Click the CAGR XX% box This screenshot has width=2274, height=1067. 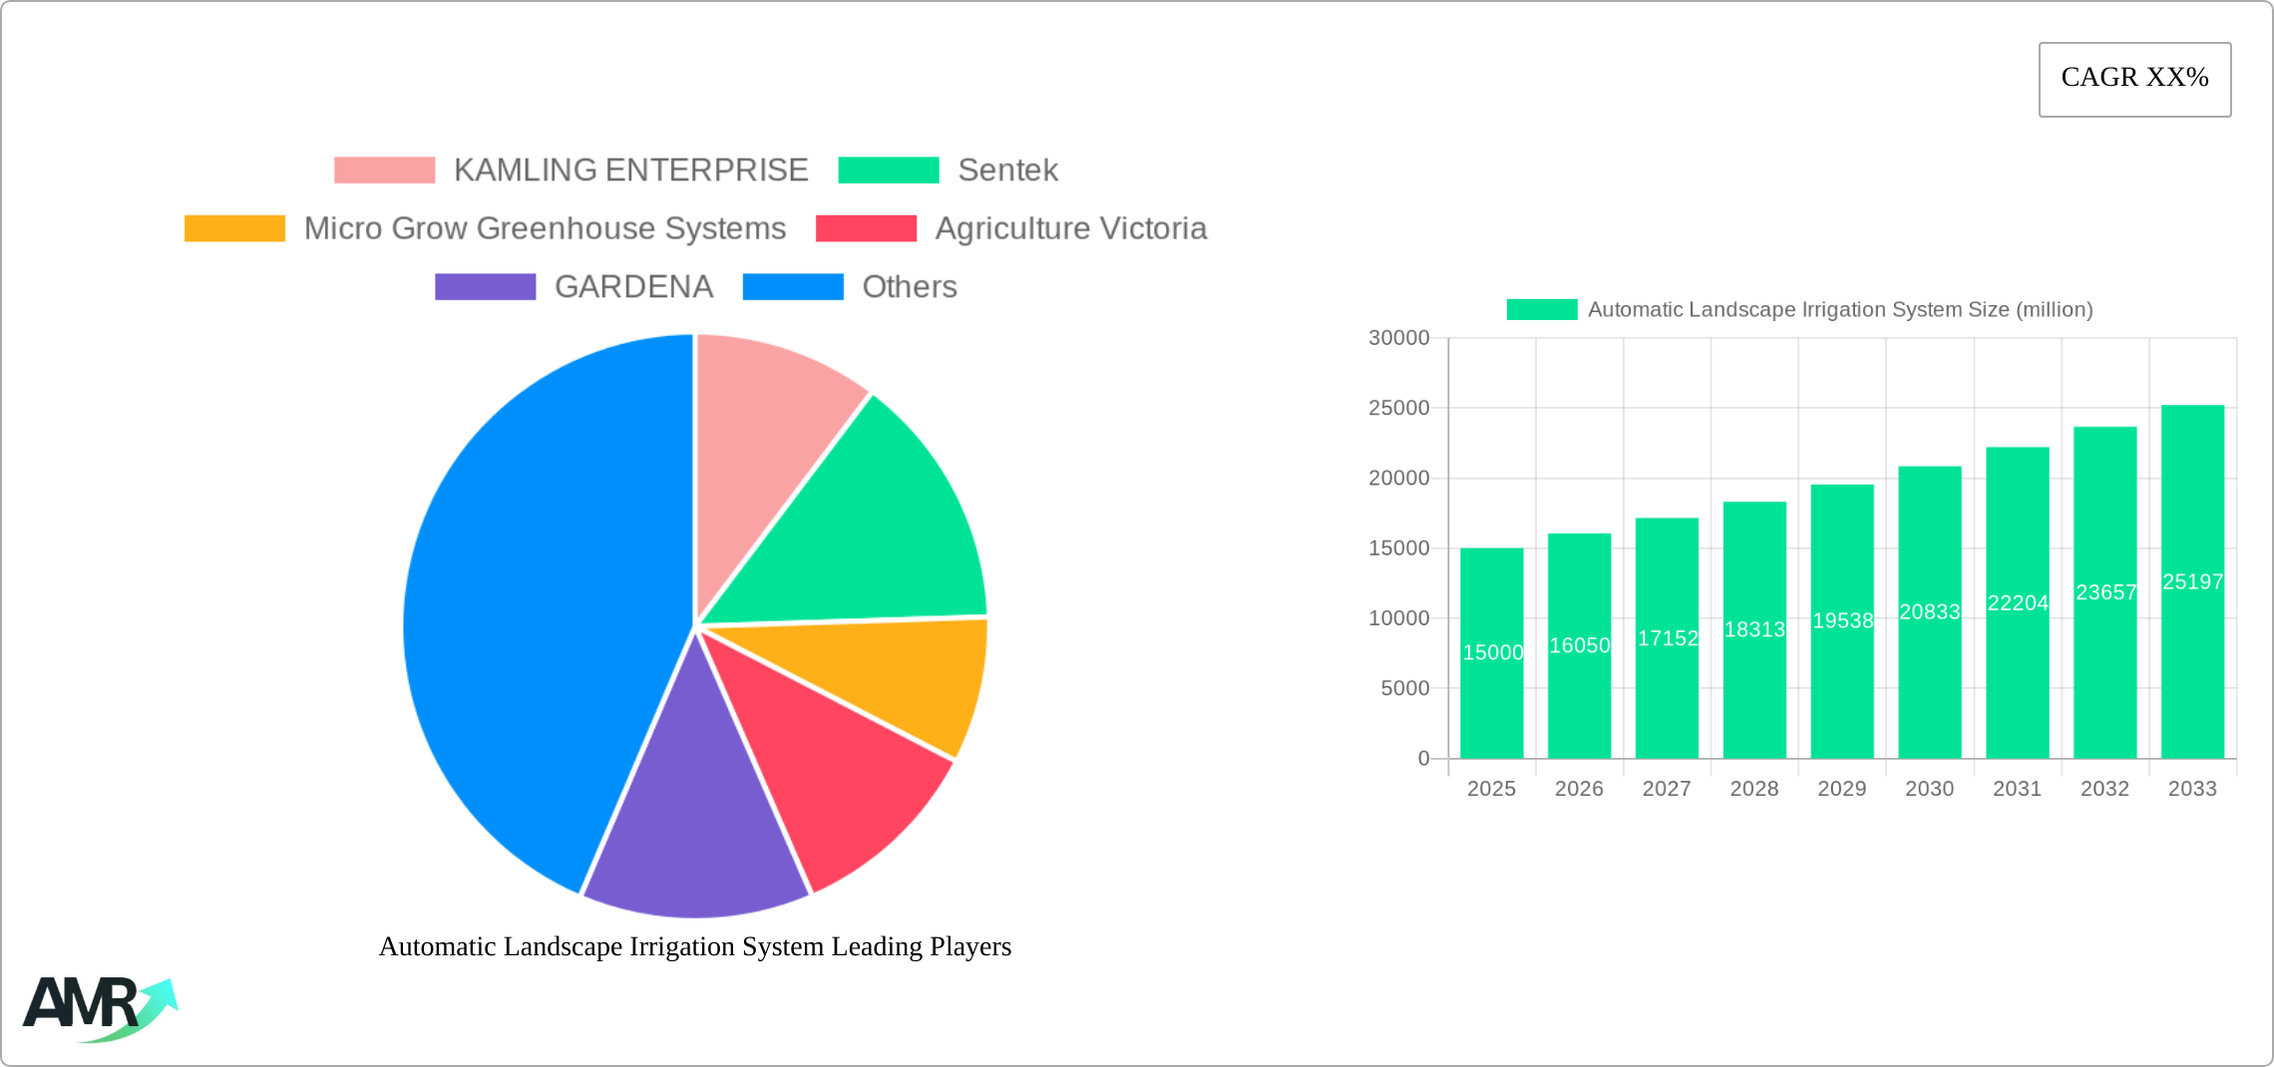[x=2134, y=79]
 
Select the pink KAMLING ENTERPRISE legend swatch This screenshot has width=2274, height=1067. [x=384, y=170]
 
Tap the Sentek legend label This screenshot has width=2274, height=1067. [x=1007, y=170]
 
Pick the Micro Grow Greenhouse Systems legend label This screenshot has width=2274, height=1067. [x=545, y=228]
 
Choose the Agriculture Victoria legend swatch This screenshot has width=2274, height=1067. [x=866, y=228]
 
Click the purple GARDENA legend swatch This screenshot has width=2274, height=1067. [x=485, y=286]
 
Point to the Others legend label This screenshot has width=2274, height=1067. [x=910, y=286]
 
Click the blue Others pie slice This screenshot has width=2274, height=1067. [x=529, y=608]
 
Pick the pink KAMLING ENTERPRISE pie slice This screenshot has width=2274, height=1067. [x=768, y=439]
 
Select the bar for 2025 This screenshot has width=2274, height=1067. [x=1491, y=653]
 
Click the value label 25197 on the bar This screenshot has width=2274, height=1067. [x=2192, y=581]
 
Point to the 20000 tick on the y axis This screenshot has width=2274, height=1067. [x=1398, y=478]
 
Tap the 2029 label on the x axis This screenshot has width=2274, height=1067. [x=1841, y=789]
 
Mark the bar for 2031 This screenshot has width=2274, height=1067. [x=2017, y=603]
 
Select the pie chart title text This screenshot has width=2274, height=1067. [x=695, y=946]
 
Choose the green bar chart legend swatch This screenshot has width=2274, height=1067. [x=1542, y=309]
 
